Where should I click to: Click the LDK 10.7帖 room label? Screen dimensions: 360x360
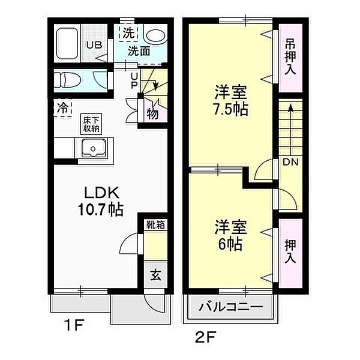[x=100, y=201]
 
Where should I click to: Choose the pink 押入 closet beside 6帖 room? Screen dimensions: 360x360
[x=290, y=251]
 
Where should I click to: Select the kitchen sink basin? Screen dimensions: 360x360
[x=92, y=148]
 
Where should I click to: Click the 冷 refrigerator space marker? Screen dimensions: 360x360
[x=62, y=109]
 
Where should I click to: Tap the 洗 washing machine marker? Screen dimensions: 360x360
[x=129, y=34]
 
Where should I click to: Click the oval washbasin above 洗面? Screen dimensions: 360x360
[x=156, y=36]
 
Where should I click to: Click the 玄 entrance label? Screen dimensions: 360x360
[x=155, y=276]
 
